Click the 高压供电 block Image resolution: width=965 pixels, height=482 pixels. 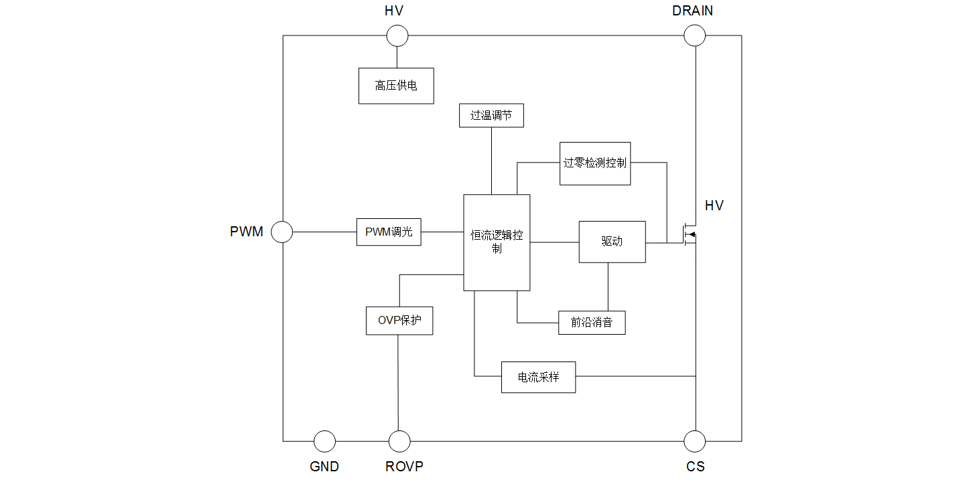(x=396, y=86)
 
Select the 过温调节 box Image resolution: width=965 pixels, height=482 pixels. (x=491, y=115)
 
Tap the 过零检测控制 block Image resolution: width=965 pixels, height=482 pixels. (x=595, y=163)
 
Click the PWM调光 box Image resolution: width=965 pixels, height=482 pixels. (x=389, y=232)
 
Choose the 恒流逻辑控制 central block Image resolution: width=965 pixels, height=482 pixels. (x=497, y=242)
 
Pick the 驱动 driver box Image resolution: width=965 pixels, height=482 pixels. (x=612, y=242)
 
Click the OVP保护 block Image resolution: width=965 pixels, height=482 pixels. (x=399, y=321)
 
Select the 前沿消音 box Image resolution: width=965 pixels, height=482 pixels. (x=592, y=323)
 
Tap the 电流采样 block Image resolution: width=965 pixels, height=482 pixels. (x=538, y=378)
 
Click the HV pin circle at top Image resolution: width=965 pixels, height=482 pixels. (x=397, y=35)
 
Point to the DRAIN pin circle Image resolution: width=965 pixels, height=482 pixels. (x=694, y=35)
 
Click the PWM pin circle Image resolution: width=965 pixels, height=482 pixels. (x=281, y=232)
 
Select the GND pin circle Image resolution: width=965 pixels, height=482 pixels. (x=324, y=441)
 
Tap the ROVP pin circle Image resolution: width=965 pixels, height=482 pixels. (x=399, y=441)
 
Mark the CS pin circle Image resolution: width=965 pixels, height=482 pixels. (x=694, y=441)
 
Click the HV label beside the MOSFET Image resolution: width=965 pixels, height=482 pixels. (x=714, y=206)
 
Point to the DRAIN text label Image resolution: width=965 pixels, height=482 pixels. (x=693, y=11)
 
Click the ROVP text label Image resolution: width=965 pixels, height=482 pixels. (x=404, y=467)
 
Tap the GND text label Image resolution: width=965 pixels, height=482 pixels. (x=324, y=467)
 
